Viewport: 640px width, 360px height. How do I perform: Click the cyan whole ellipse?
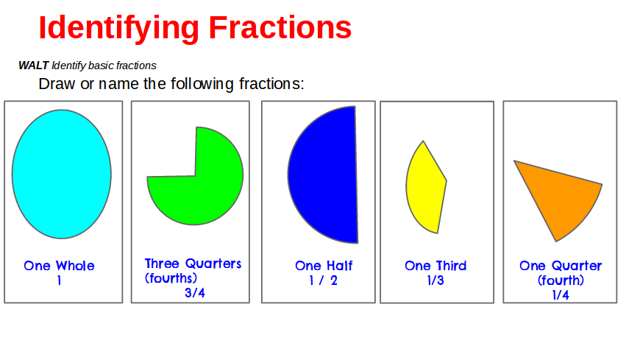pyautogui.click(x=62, y=174)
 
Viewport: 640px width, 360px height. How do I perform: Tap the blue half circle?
pyautogui.click(x=327, y=175)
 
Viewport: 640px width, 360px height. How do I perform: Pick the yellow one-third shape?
pyautogui.click(x=424, y=188)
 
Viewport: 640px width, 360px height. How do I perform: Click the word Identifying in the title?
pyautogui.click(x=118, y=28)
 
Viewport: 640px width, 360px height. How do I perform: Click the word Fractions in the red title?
pyautogui.click(x=280, y=27)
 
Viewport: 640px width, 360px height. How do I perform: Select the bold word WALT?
pyautogui.click(x=33, y=66)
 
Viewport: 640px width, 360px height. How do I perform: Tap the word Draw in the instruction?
pyautogui.click(x=57, y=84)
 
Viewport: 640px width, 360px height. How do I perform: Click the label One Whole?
pyautogui.click(x=59, y=266)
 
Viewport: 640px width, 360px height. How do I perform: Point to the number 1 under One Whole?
pyautogui.click(x=59, y=280)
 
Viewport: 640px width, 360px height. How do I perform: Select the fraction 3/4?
pyautogui.click(x=195, y=292)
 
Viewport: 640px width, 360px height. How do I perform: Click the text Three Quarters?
pyautogui.click(x=193, y=264)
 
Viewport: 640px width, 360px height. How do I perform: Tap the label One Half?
pyautogui.click(x=324, y=266)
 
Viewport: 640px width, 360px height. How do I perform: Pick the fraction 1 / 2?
pyautogui.click(x=323, y=280)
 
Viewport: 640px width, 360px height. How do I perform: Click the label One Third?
pyautogui.click(x=435, y=266)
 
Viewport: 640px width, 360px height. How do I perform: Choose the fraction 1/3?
pyautogui.click(x=435, y=280)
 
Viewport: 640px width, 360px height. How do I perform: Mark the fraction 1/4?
pyautogui.click(x=561, y=294)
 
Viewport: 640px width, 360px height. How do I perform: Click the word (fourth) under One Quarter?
pyautogui.click(x=561, y=280)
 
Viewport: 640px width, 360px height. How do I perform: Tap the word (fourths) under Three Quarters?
pyautogui.click(x=171, y=278)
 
